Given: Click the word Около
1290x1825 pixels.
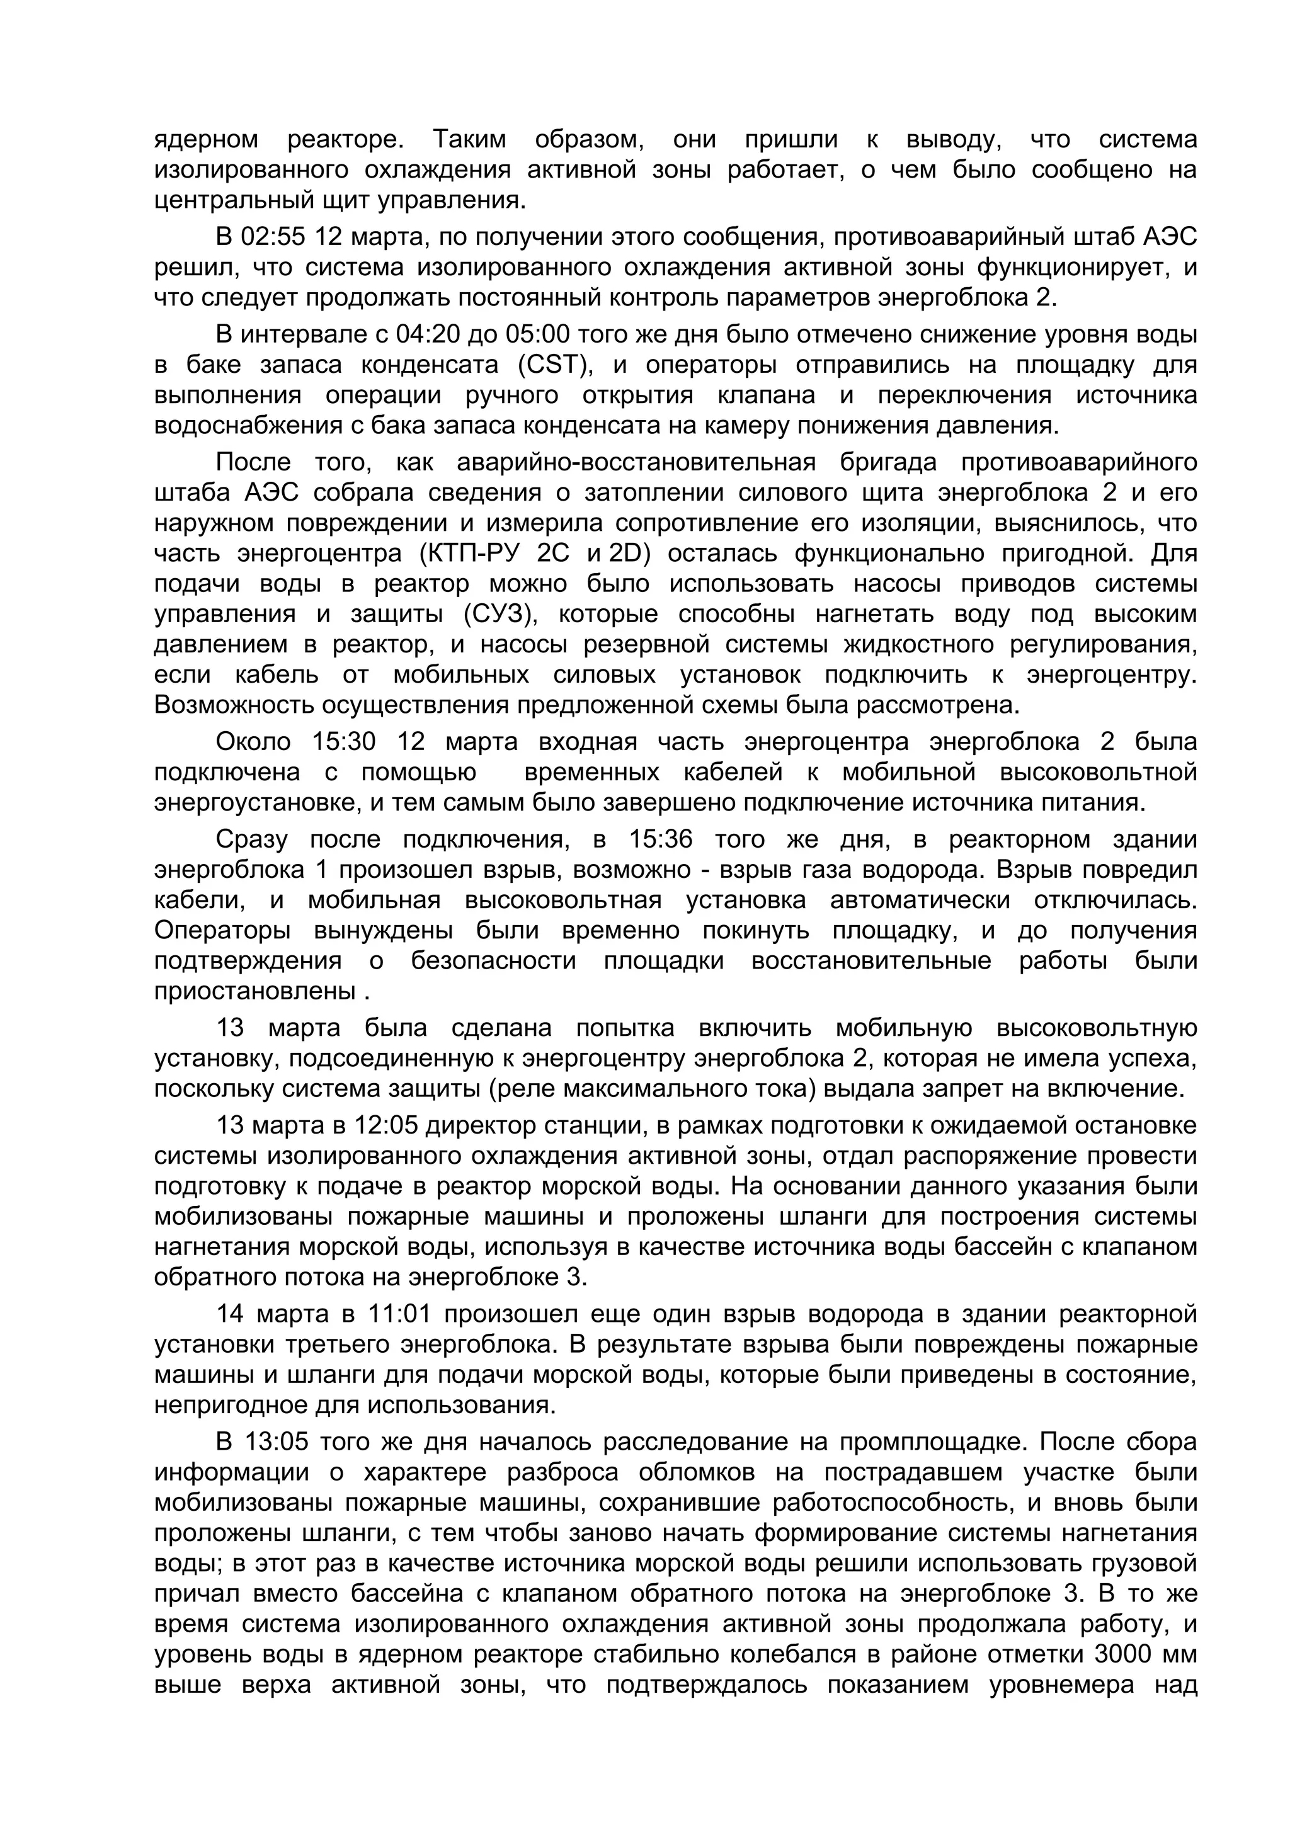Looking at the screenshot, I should tap(254, 742).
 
